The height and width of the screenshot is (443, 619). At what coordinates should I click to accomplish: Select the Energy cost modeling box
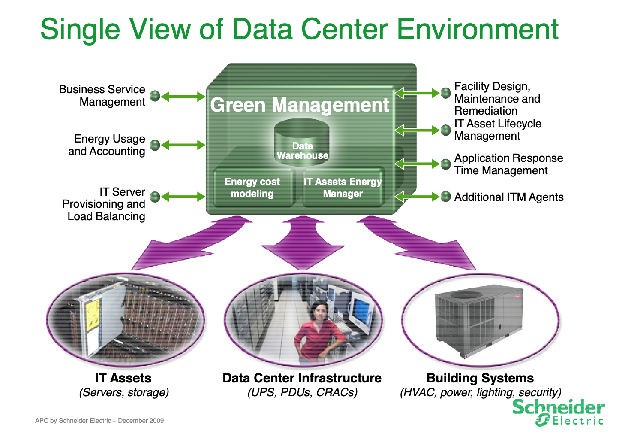point(252,188)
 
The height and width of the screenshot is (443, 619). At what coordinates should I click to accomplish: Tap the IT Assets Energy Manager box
point(343,188)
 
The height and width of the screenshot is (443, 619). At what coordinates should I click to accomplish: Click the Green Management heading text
point(300,105)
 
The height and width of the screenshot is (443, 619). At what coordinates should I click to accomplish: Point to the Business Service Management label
point(102,96)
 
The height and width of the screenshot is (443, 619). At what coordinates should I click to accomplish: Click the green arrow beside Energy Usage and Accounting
point(183,145)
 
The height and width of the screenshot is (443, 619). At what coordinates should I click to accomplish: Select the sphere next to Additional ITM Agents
point(446,197)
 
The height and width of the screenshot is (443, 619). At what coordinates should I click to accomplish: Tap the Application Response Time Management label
point(508,164)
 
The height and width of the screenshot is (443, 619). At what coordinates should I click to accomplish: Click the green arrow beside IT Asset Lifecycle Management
point(417,130)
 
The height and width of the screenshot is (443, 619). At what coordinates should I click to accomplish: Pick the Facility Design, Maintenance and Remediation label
point(496,99)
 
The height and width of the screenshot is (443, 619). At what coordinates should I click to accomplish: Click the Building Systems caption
point(480,378)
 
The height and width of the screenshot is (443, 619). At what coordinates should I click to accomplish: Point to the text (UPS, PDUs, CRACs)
point(302,392)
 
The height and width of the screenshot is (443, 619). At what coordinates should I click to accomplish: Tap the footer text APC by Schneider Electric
point(99,421)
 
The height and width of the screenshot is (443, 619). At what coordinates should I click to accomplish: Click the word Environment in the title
point(478,29)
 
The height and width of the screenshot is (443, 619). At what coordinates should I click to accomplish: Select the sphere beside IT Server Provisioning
point(155,197)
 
